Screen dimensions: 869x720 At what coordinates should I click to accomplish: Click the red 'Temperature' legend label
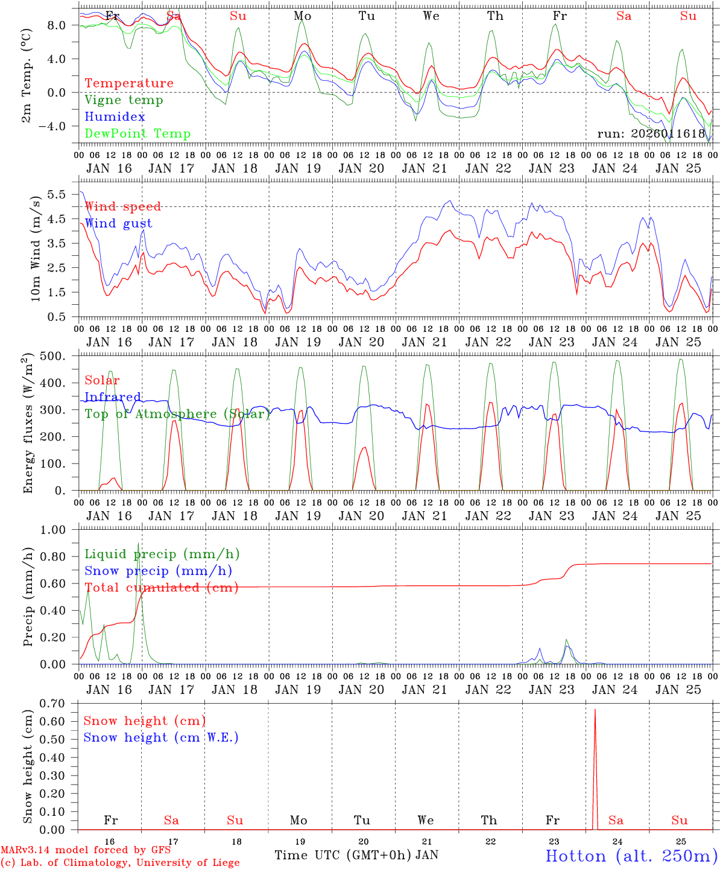[x=128, y=83]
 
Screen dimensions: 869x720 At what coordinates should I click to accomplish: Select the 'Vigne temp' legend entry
[x=124, y=100]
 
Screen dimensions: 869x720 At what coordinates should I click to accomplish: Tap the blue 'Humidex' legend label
[x=115, y=117]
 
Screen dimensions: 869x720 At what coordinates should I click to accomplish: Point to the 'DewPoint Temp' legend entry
[x=137, y=134]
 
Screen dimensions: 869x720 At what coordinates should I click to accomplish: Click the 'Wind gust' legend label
[x=118, y=223]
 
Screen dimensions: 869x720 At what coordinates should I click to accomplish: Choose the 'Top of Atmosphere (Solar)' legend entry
[x=177, y=414]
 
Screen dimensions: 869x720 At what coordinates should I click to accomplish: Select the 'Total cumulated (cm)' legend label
[x=161, y=588]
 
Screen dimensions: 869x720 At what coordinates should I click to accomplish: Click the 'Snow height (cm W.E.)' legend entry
[x=161, y=737]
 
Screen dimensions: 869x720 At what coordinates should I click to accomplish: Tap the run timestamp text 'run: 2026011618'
[x=651, y=134]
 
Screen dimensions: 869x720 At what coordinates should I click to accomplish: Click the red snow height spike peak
[x=595, y=710]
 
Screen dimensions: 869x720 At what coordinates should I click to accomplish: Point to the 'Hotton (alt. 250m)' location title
[x=631, y=856]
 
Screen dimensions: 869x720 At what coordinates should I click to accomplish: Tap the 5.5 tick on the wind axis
[x=62, y=194]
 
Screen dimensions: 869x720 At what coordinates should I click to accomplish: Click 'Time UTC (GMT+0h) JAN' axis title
[x=356, y=855]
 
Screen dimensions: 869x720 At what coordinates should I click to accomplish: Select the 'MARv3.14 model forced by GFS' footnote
[x=86, y=850]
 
